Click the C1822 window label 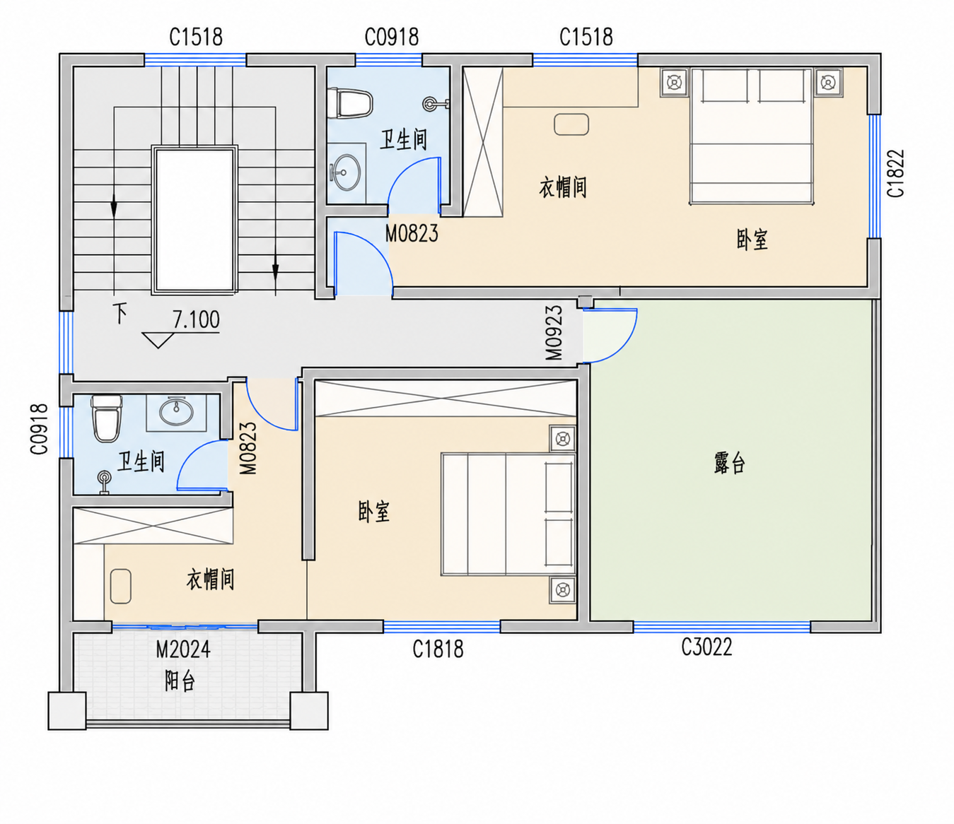896,173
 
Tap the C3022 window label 706,647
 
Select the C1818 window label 438,649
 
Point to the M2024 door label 183,649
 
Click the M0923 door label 554,332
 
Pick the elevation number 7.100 196,319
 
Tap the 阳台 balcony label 180,681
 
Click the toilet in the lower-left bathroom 107,418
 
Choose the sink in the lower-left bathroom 176,412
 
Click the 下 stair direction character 120,313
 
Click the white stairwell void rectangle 194,220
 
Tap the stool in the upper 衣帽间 571,124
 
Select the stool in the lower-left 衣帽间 121,586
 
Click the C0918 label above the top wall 391,37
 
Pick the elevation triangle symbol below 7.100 158,340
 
